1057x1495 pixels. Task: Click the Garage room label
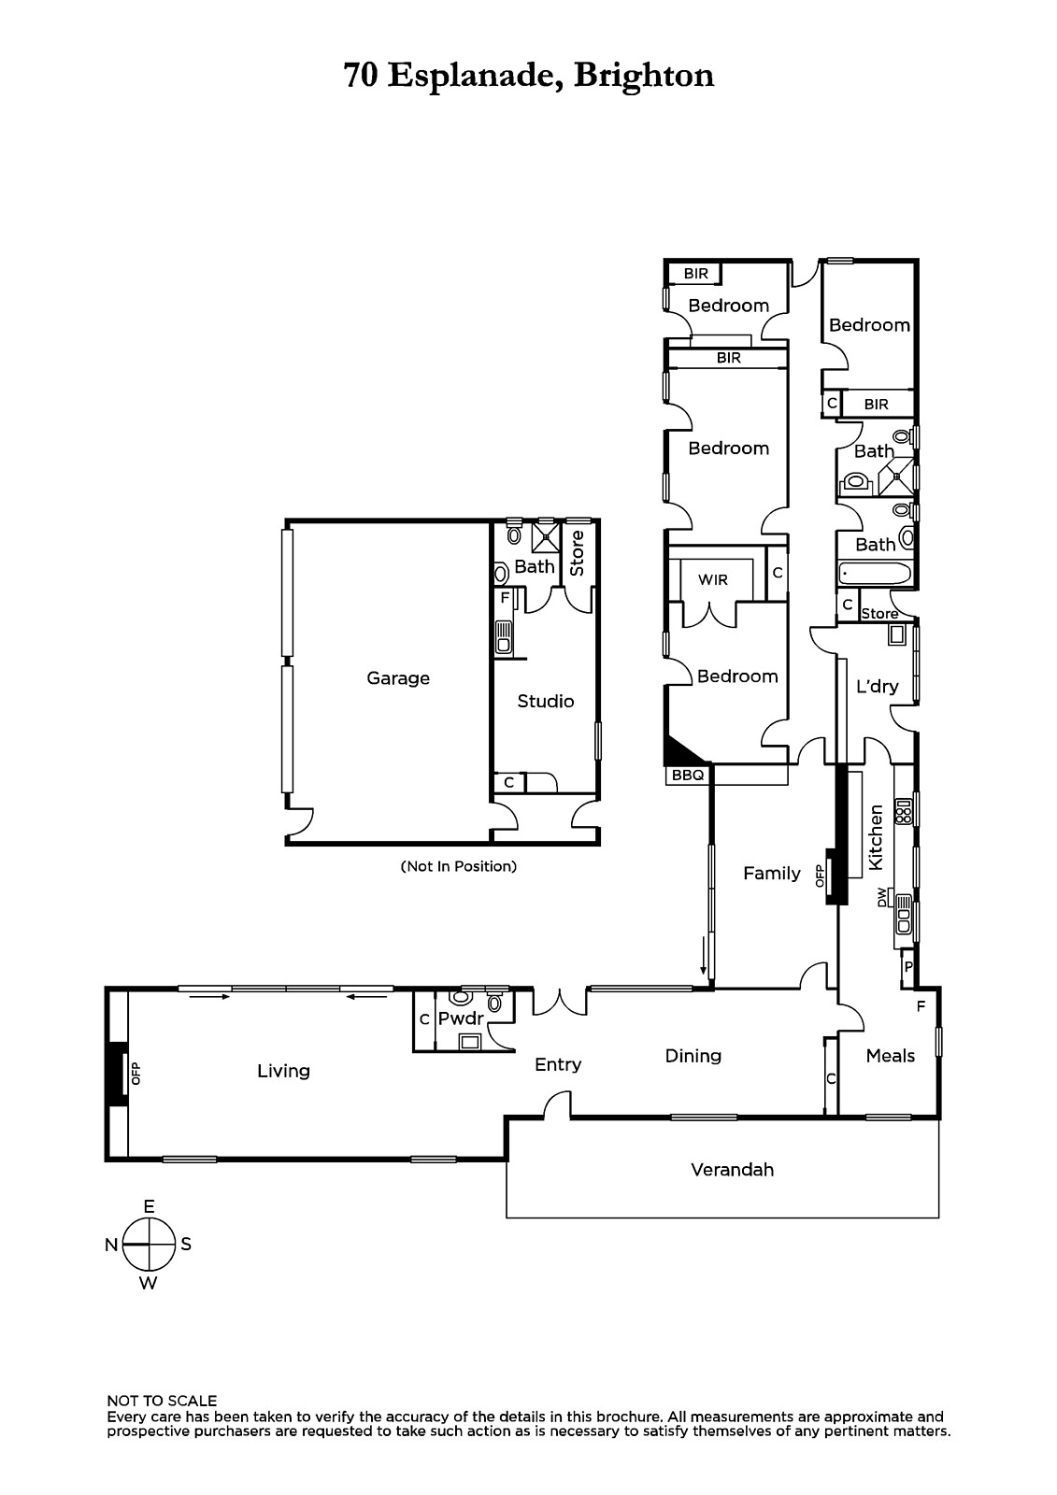(398, 678)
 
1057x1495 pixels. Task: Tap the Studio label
(546, 701)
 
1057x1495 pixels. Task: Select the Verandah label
(733, 1169)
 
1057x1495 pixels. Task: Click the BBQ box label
(688, 776)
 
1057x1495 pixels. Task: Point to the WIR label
(712, 580)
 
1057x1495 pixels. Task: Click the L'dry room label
(878, 686)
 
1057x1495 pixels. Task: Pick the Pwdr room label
(461, 1019)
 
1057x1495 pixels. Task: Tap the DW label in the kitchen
(883, 897)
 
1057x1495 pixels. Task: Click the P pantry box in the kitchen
(908, 966)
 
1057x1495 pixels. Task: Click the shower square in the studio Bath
(545, 534)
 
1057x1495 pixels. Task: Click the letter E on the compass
(149, 1206)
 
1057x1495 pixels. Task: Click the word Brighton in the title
(644, 76)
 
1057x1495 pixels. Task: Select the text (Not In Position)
(459, 866)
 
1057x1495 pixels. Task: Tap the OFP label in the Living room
(136, 1074)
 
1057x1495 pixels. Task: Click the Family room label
(772, 873)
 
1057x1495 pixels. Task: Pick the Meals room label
(890, 1055)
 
